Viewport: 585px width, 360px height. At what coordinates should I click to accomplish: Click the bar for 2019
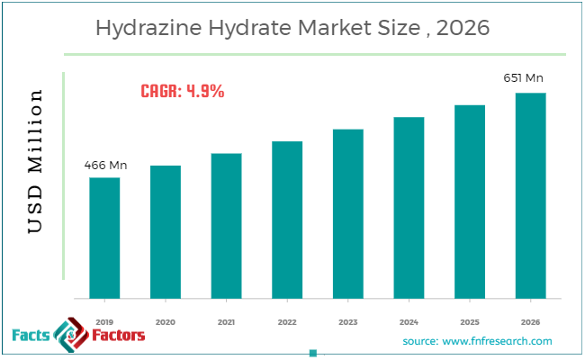[104, 238]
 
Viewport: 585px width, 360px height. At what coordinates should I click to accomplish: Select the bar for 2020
[166, 231]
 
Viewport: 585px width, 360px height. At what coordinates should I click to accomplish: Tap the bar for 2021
[227, 225]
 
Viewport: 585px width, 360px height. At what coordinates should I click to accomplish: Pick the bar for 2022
[287, 220]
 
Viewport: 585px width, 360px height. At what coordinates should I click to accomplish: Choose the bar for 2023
[348, 213]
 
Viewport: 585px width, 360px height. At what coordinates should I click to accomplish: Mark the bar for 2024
[409, 207]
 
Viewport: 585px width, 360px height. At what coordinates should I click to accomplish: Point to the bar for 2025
[470, 202]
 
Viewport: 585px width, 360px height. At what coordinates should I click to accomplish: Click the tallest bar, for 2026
[530, 195]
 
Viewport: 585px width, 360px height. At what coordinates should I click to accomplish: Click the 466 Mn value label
[104, 166]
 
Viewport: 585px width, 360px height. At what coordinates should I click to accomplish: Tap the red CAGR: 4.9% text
[183, 91]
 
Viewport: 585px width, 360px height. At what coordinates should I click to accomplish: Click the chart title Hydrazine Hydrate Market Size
[292, 29]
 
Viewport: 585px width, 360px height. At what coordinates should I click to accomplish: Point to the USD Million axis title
[35, 162]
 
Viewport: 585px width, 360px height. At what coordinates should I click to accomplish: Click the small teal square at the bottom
[312, 353]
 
